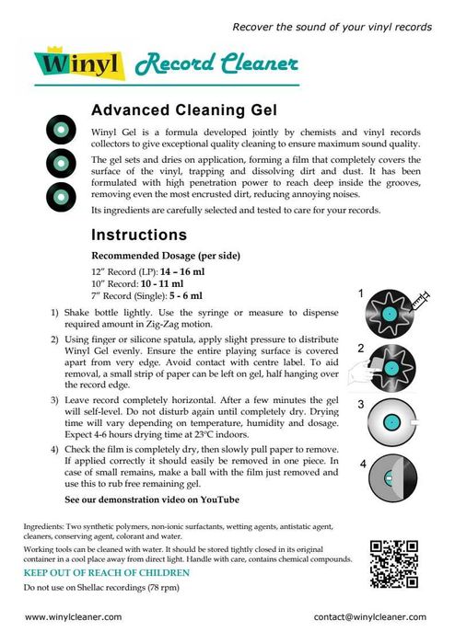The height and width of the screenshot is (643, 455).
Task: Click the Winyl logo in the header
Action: click(79, 65)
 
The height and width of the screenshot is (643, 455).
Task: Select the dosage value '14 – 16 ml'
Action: click(181, 271)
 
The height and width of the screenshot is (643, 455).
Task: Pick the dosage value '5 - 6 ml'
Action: click(181, 295)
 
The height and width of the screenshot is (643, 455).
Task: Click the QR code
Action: click(393, 561)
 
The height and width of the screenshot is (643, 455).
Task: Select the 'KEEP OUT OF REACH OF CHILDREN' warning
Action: click(106, 572)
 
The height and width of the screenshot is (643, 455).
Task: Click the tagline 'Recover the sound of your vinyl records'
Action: click(332, 27)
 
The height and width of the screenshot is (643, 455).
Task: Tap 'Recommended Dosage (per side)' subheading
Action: click(161, 255)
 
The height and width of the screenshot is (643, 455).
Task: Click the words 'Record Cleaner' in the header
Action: click(217, 64)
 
